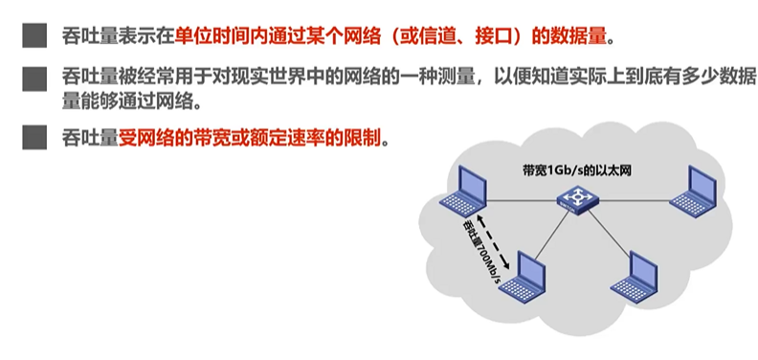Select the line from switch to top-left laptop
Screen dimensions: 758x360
tap(522, 199)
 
